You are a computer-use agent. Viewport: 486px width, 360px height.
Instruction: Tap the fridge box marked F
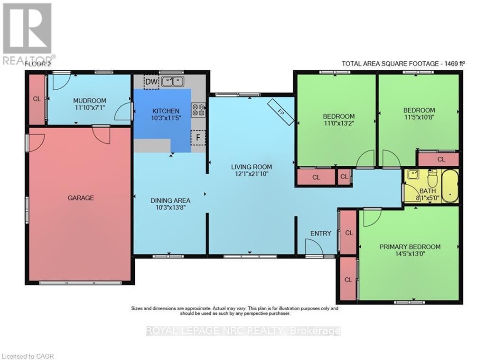(x=198, y=137)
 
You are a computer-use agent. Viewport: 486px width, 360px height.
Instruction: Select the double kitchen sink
(x=173, y=82)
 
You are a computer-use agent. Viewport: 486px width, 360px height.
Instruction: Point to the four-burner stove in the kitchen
(x=198, y=110)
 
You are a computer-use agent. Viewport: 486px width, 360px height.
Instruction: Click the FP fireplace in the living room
(x=280, y=112)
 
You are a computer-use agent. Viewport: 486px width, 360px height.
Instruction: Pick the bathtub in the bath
(x=450, y=186)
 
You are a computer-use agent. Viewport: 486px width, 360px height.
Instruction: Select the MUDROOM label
(x=90, y=101)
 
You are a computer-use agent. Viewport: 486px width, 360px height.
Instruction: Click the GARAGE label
(x=81, y=198)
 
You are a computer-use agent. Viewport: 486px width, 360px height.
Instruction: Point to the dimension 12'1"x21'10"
(x=252, y=174)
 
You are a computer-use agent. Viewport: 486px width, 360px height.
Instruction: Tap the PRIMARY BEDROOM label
(x=410, y=247)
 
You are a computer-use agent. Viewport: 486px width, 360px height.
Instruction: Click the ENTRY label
(x=321, y=234)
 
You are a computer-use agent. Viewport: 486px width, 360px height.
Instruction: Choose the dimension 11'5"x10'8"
(x=419, y=117)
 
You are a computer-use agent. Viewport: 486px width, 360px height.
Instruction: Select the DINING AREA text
(x=170, y=200)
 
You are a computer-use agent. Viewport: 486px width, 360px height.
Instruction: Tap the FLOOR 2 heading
(x=37, y=64)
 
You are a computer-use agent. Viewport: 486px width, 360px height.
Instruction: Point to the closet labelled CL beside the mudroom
(x=37, y=99)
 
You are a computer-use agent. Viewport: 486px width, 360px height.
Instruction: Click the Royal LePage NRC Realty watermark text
(x=243, y=331)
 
